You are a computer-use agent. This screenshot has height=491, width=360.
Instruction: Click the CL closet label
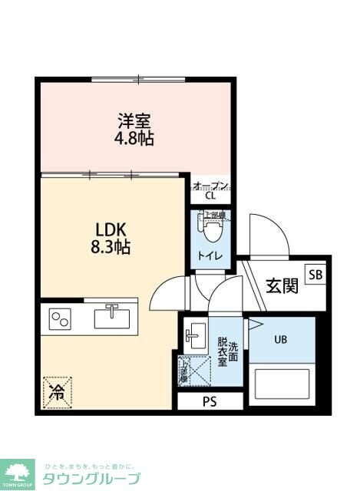click(x=210, y=196)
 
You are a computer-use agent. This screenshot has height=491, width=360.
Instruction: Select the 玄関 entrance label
click(x=282, y=286)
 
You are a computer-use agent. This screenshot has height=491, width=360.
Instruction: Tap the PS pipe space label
click(x=209, y=400)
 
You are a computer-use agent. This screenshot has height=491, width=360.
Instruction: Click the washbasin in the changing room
click(x=195, y=334)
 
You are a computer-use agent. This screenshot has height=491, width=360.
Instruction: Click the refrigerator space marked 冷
click(x=56, y=391)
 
